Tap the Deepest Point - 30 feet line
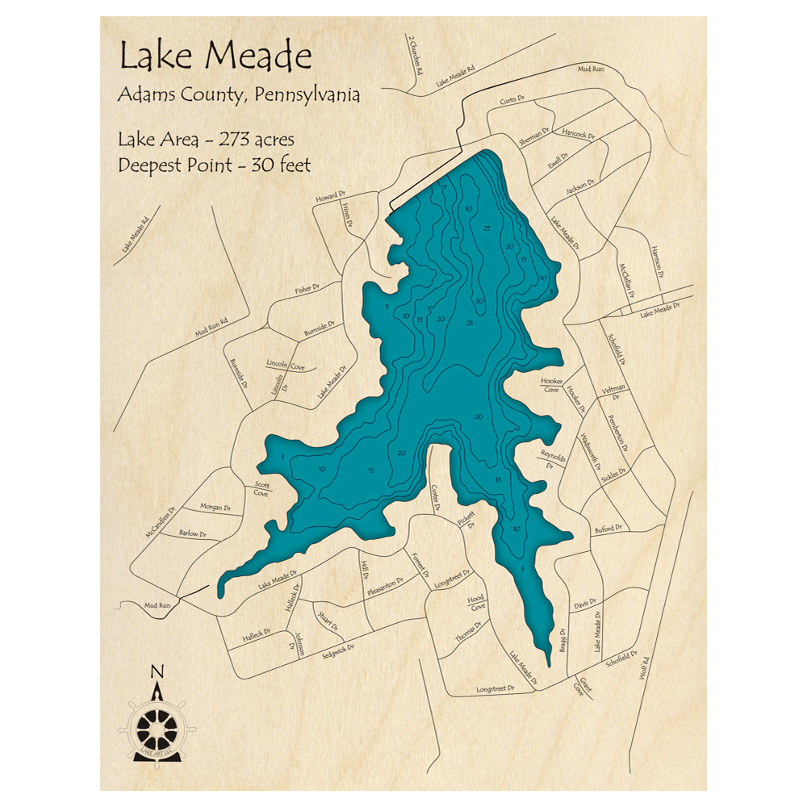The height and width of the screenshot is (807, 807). [x=214, y=165]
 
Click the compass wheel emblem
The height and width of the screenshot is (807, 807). [x=157, y=729]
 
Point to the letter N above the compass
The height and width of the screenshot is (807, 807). [x=157, y=671]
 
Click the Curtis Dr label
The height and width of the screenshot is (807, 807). [x=512, y=101]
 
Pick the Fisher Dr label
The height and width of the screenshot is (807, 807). [x=307, y=288]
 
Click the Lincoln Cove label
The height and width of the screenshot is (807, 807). [x=285, y=365]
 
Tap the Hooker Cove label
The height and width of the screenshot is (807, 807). [x=551, y=385]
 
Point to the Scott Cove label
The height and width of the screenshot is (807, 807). [x=261, y=488]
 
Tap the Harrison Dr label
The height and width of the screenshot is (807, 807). [x=657, y=259]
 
